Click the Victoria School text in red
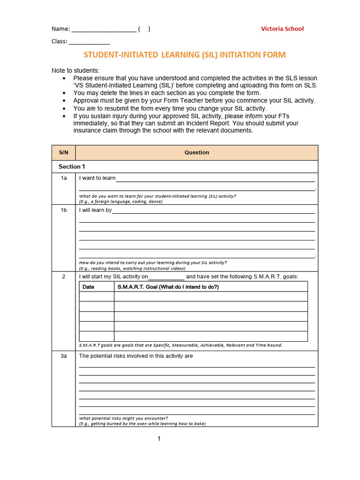coord(282,29)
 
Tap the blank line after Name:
coord(104,29)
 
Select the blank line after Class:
coord(89,42)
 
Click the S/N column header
coord(63,152)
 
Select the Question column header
coord(196,152)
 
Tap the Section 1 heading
coord(72,166)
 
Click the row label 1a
coord(64,178)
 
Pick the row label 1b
coord(64,210)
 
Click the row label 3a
coord(64,356)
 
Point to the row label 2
coord(64,276)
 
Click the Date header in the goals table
coord(88,287)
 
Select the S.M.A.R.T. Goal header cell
coord(168,287)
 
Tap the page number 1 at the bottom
coord(159,439)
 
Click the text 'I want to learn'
coord(97,178)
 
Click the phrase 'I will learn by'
coord(95,210)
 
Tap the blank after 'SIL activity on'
coord(166,277)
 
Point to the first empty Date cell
coord(97,297)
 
